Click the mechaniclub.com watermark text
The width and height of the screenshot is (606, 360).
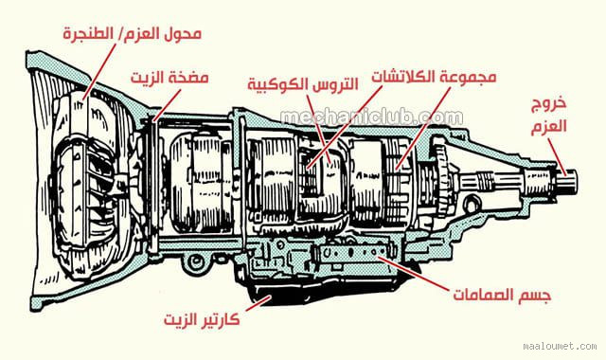point(371,117)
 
